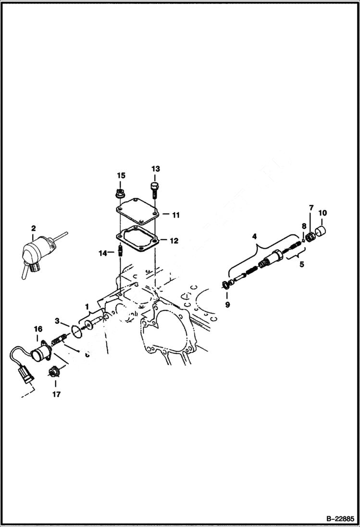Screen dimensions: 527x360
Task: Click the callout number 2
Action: pos(33,228)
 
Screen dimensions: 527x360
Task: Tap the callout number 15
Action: pos(121,175)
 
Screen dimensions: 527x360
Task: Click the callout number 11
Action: pos(175,215)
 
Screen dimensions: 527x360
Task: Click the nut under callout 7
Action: pos(310,236)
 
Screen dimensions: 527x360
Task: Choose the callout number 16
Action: pos(37,329)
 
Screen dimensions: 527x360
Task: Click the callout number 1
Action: pos(87,306)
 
